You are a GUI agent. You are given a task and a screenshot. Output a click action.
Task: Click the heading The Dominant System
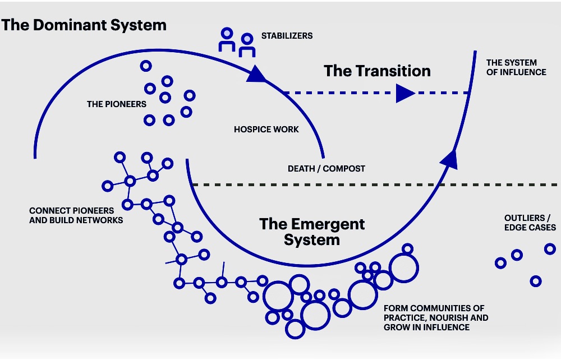coord(84,25)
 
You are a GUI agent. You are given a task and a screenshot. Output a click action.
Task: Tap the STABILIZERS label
coord(287,36)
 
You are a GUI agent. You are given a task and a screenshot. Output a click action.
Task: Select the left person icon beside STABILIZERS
coord(227,39)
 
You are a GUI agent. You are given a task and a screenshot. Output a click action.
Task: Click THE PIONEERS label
coord(117,104)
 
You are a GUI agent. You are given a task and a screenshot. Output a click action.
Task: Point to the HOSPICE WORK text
coord(266,130)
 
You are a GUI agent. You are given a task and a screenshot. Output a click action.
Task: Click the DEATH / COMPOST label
coord(327,169)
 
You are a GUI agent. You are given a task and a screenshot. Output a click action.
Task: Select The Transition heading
coord(377,71)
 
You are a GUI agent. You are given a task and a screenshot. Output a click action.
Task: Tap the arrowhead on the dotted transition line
coord(404,93)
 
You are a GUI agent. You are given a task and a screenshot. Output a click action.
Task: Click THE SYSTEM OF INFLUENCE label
coord(516,67)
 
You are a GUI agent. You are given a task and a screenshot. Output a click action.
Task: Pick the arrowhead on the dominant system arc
coord(256,75)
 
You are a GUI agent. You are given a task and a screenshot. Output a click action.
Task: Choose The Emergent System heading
coord(312,232)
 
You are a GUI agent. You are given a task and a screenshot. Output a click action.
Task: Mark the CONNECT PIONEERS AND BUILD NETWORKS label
coord(76,215)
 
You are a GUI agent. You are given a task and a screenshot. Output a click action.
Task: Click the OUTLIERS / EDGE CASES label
coord(530,223)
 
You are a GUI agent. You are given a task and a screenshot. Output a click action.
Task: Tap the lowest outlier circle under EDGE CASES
coord(536,281)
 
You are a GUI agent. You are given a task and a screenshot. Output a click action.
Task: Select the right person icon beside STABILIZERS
coord(247,45)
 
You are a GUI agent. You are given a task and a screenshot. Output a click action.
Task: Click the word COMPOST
coord(344,169)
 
